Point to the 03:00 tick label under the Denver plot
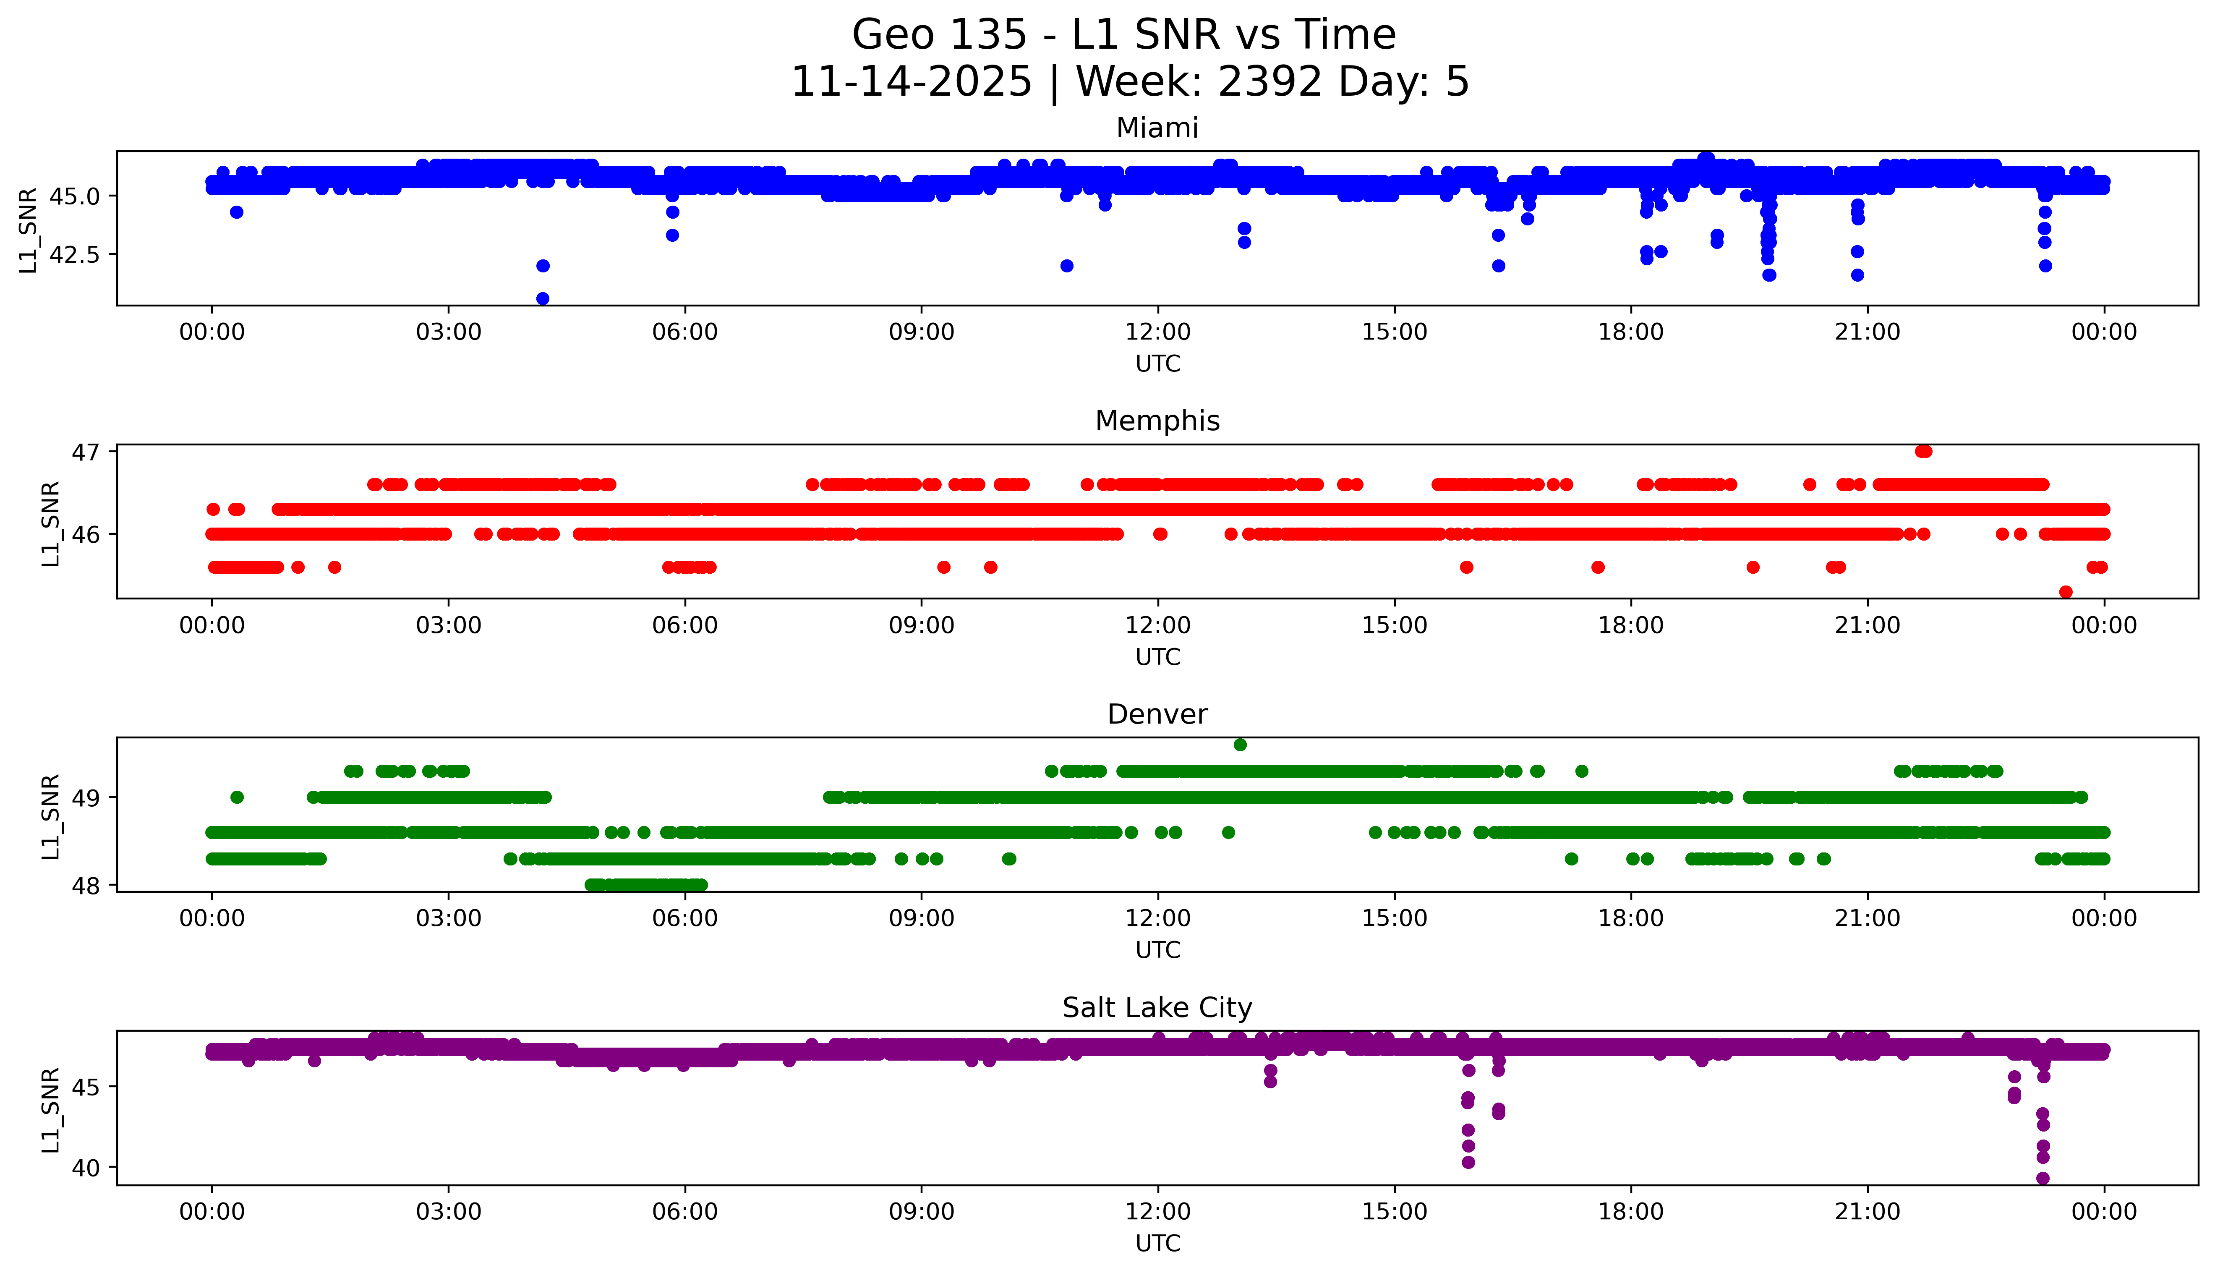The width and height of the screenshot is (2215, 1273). click(x=449, y=919)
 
